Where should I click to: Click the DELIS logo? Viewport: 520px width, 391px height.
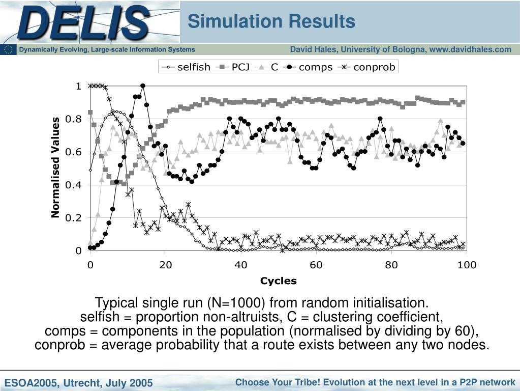tap(84, 23)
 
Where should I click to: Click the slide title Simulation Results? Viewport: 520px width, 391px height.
tap(271, 21)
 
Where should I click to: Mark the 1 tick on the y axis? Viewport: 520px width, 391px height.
tap(79, 86)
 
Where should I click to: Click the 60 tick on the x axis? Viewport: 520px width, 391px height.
tap(316, 265)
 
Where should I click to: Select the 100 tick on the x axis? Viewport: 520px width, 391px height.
tap(467, 265)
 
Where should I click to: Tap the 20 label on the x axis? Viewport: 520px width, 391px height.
tap(166, 265)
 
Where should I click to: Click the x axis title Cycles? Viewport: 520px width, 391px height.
tap(279, 281)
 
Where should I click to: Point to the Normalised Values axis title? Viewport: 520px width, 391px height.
tap(55, 167)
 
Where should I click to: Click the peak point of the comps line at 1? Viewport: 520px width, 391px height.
tap(143, 86)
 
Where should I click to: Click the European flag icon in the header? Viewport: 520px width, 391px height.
tap(8, 49)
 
